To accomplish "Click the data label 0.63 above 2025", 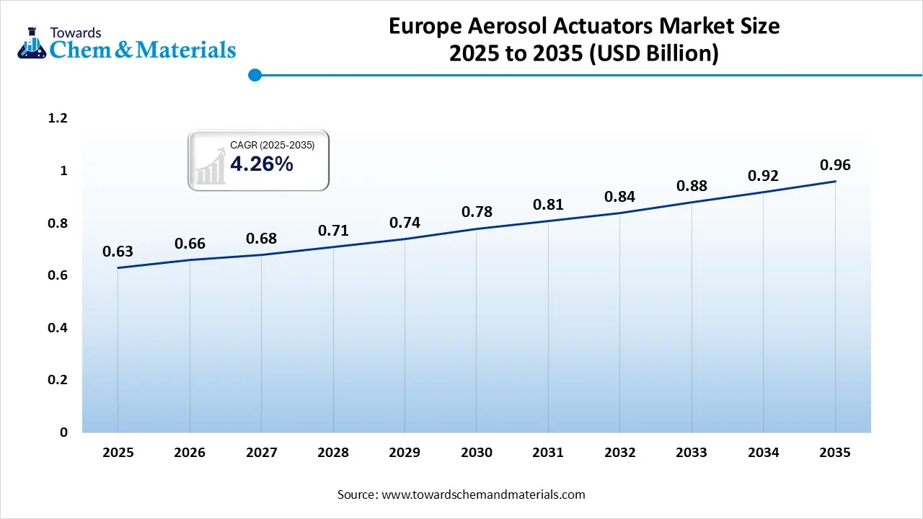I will (x=118, y=252).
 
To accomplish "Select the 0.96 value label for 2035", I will (x=835, y=165).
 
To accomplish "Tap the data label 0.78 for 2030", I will (x=477, y=211).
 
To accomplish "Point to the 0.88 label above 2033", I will (x=692, y=186).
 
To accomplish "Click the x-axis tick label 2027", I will (x=261, y=453).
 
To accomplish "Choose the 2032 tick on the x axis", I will (x=620, y=453).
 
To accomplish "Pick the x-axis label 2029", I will (x=405, y=453).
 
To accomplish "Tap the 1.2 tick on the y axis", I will (x=57, y=118).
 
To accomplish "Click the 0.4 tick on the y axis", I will (x=57, y=328).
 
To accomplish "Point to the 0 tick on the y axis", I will (x=63, y=432).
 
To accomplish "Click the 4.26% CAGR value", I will (x=262, y=164).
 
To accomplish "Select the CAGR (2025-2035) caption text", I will (x=272, y=146).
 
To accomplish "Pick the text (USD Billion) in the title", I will (x=653, y=54).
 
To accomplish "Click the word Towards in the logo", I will (x=76, y=32).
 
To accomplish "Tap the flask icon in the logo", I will (x=32, y=43).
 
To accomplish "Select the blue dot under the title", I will (x=254, y=75).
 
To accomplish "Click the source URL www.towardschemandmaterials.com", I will (x=482, y=494).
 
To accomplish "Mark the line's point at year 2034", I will (x=763, y=192).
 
